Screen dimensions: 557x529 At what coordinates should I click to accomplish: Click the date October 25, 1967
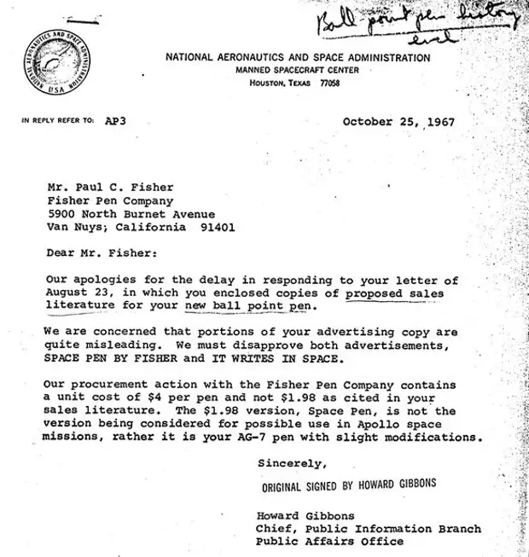point(398,121)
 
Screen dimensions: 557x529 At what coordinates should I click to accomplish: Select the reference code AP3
point(115,121)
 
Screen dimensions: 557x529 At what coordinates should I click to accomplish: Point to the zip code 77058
point(328,84)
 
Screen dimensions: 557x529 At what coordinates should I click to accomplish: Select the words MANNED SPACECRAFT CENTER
point(297,70)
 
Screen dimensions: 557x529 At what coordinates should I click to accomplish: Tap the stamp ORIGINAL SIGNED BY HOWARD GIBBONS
point(350,484)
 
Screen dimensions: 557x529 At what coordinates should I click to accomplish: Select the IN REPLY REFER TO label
point(57,121)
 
